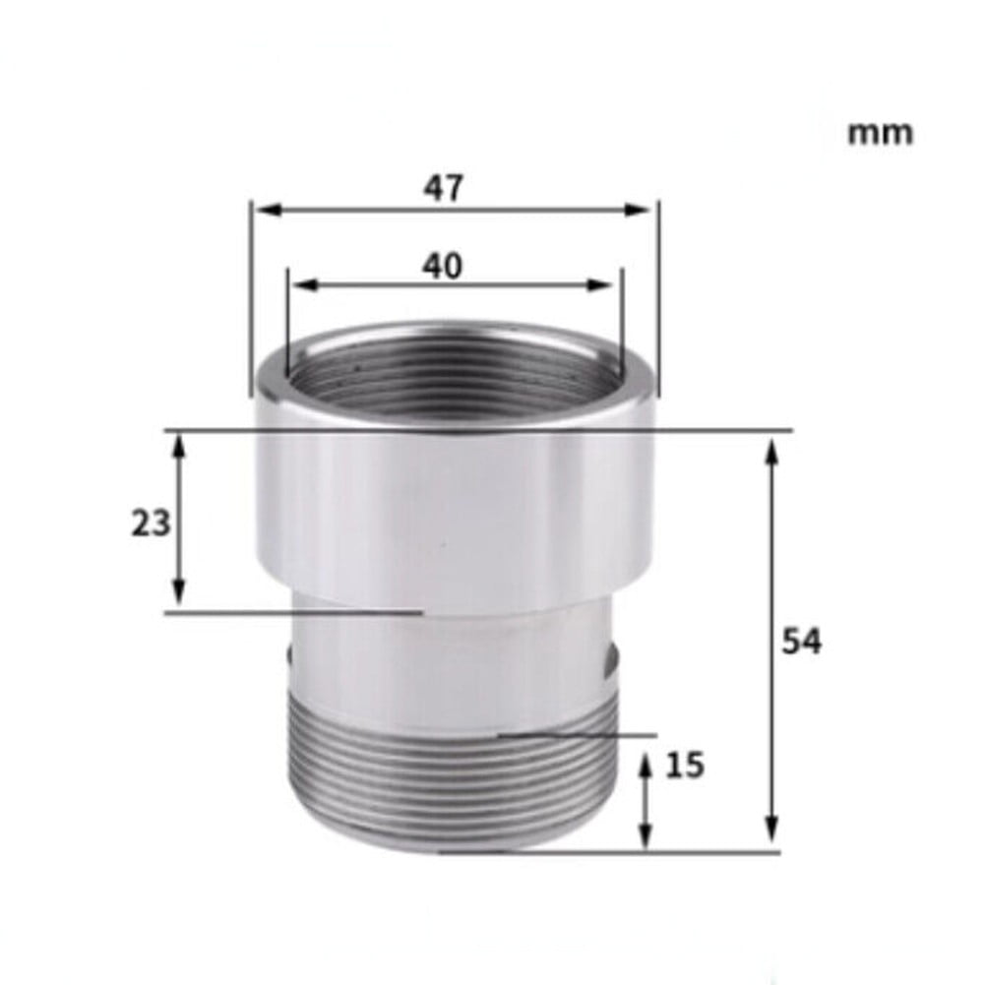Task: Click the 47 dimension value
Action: (x=443, y=188)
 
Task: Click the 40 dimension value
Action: (x=443, y=266)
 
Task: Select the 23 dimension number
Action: (x=151, y=523)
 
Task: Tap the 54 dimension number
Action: (x=801, y=642)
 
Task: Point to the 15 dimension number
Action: (x=685, y=765)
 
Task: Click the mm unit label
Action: (x=880, y=133)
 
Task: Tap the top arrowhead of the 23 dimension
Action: (x=178, y=448)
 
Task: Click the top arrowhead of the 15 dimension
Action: (x=646, y=764)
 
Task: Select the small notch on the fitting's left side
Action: (x=288, y=656)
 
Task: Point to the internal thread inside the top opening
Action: (x=453, y=374)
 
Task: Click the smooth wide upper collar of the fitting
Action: (x=453, y=512)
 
